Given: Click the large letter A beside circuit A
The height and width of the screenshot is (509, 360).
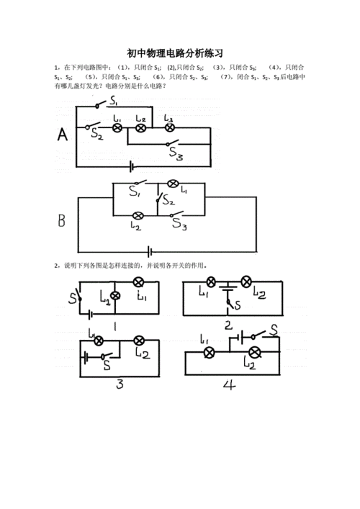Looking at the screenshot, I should pyautogui.click(x=62, y=135).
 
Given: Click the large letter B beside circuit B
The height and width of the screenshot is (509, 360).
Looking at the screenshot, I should pyautogui.click(x=63, y=219).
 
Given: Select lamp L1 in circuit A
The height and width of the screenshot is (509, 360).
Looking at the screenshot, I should pyautogui.click(x=117, y=127).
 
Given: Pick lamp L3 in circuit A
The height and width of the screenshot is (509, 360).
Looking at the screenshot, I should pyautogui.click(x=170, y=127).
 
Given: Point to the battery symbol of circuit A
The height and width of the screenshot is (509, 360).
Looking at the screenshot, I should pyautogui.click(x=132, y=166).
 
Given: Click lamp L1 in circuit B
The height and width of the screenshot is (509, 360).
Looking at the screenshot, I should pyautogui.click(x=173, y=184).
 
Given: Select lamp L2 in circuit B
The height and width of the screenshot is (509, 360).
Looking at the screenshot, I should pyautogui.click(x=139, y=215).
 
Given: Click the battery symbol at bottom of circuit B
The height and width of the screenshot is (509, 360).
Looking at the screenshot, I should pyautogui.click(x=149, y=251).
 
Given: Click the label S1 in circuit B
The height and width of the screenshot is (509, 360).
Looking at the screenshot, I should pyautogui.click(x=135, y=192).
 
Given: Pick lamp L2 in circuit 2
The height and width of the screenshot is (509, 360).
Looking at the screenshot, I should pyautogui.click(x=246, y=281).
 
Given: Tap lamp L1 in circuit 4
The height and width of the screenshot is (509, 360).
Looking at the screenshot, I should pyautogui.click(x=210, y=352).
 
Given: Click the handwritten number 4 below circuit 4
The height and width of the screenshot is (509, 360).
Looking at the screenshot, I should pyautogui.click(x=229, y=384).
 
